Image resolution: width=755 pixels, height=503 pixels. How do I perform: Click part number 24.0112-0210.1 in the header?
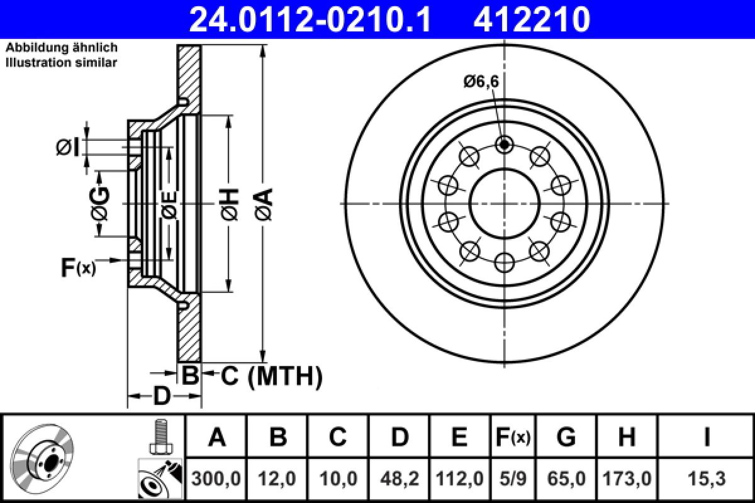310,19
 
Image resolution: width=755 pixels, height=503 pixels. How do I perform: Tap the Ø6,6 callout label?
481,81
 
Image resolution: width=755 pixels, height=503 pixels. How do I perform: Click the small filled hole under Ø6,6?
504,145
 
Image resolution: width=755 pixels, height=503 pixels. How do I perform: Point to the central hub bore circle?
504,203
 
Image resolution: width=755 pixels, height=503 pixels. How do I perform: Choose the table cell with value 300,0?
216,479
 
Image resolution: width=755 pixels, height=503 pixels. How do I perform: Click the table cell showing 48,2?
400,479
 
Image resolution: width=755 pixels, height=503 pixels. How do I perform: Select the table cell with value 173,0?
627,479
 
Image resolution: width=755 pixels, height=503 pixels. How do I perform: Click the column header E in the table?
460,436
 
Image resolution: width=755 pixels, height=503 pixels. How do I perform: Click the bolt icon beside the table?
160,436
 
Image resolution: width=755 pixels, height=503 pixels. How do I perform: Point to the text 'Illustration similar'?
61,62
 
